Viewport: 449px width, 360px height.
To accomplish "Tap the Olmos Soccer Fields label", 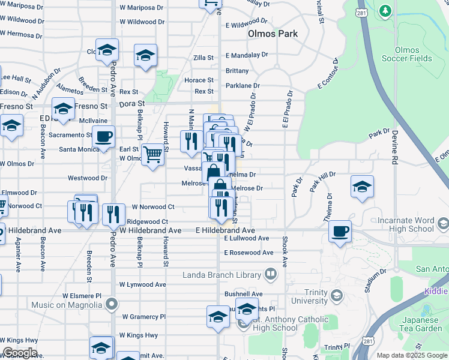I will (413, 54).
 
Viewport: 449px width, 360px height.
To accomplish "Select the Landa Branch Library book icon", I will (271, 275).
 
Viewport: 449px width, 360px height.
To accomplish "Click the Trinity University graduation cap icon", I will (336, 296).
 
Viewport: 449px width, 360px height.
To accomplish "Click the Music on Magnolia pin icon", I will (111, 305).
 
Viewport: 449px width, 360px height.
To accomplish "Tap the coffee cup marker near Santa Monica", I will (103, 137).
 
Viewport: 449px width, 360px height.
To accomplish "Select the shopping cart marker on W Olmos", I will (153, 155).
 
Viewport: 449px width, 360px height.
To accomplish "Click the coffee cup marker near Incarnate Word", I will (340, 230).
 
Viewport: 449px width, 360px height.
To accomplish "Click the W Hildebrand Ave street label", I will (151, 230).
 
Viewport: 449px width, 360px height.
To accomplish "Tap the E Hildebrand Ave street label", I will (225, 230).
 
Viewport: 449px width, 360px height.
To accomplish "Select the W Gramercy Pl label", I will (143, 316).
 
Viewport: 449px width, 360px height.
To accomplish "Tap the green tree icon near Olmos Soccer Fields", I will (385, 11).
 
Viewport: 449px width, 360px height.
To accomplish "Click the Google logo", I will (20, 353).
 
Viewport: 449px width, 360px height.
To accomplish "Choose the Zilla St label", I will (203, 58).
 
